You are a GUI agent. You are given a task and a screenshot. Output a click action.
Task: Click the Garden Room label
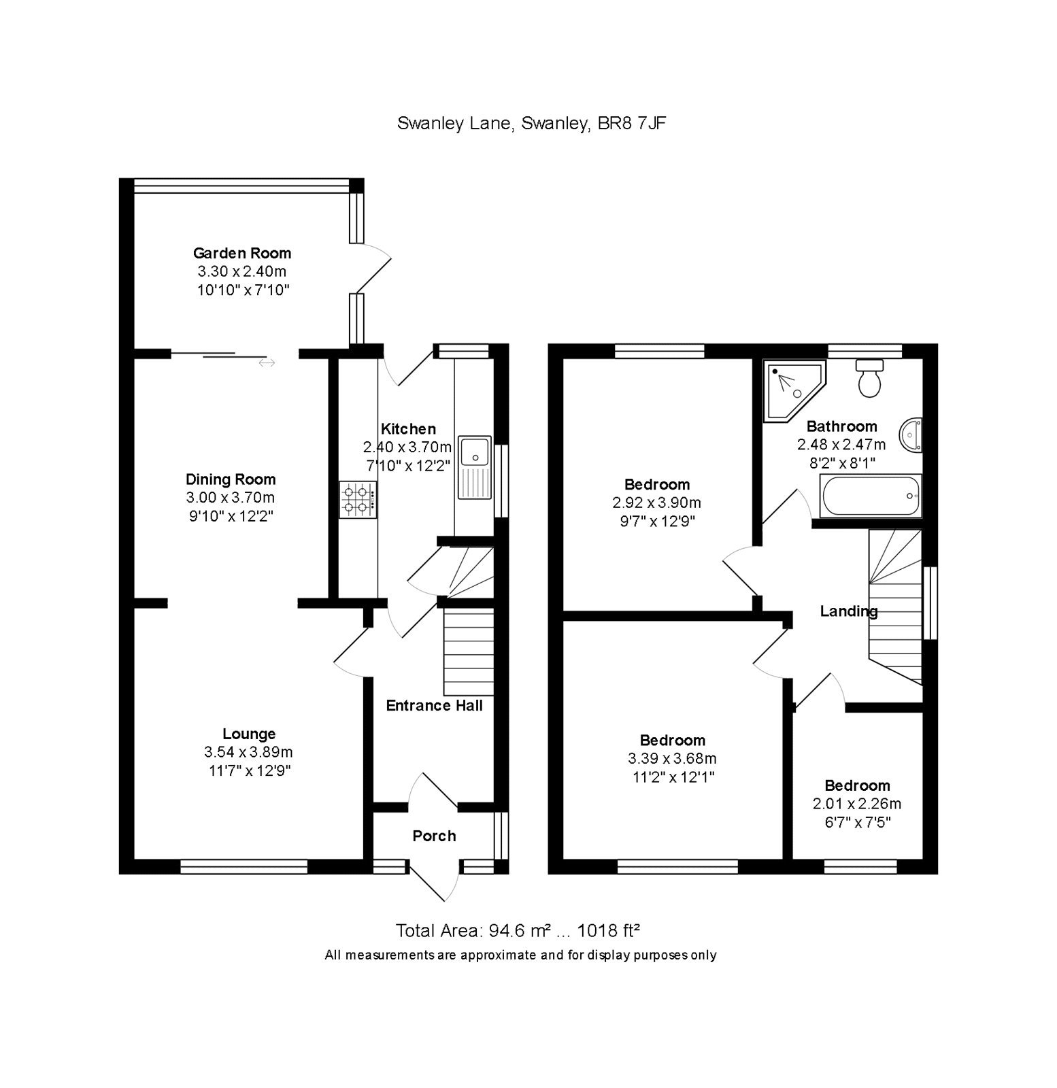[x=242, y=254]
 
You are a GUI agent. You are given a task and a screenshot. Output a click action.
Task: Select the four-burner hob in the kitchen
[x=358, y=498]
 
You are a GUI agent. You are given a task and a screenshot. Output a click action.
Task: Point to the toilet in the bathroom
[x=869, y=379]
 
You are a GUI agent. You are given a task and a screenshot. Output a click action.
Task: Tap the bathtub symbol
[x=871, y=495]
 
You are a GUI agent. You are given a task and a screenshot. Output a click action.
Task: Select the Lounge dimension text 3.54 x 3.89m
[x=248, y=752]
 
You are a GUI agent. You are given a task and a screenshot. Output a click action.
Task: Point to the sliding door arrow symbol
[x=267, y=363]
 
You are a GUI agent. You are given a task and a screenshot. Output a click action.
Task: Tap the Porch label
[x=434, y=836]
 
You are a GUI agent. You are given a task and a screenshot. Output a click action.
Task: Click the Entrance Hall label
[x=434, y=706]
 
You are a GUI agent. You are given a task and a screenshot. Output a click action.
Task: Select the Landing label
[x=848, y=611]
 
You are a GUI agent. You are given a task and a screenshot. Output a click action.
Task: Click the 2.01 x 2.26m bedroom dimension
[x=857, y=804]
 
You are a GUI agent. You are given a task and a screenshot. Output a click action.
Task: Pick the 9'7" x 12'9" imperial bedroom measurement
[x=656, y=522]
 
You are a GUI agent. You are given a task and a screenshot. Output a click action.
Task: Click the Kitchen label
[x=408, y=429]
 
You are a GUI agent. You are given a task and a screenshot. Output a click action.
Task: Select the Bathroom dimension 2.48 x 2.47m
[x=841, y=445]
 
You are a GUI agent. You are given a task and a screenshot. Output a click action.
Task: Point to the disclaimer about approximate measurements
[x=520, y=955]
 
